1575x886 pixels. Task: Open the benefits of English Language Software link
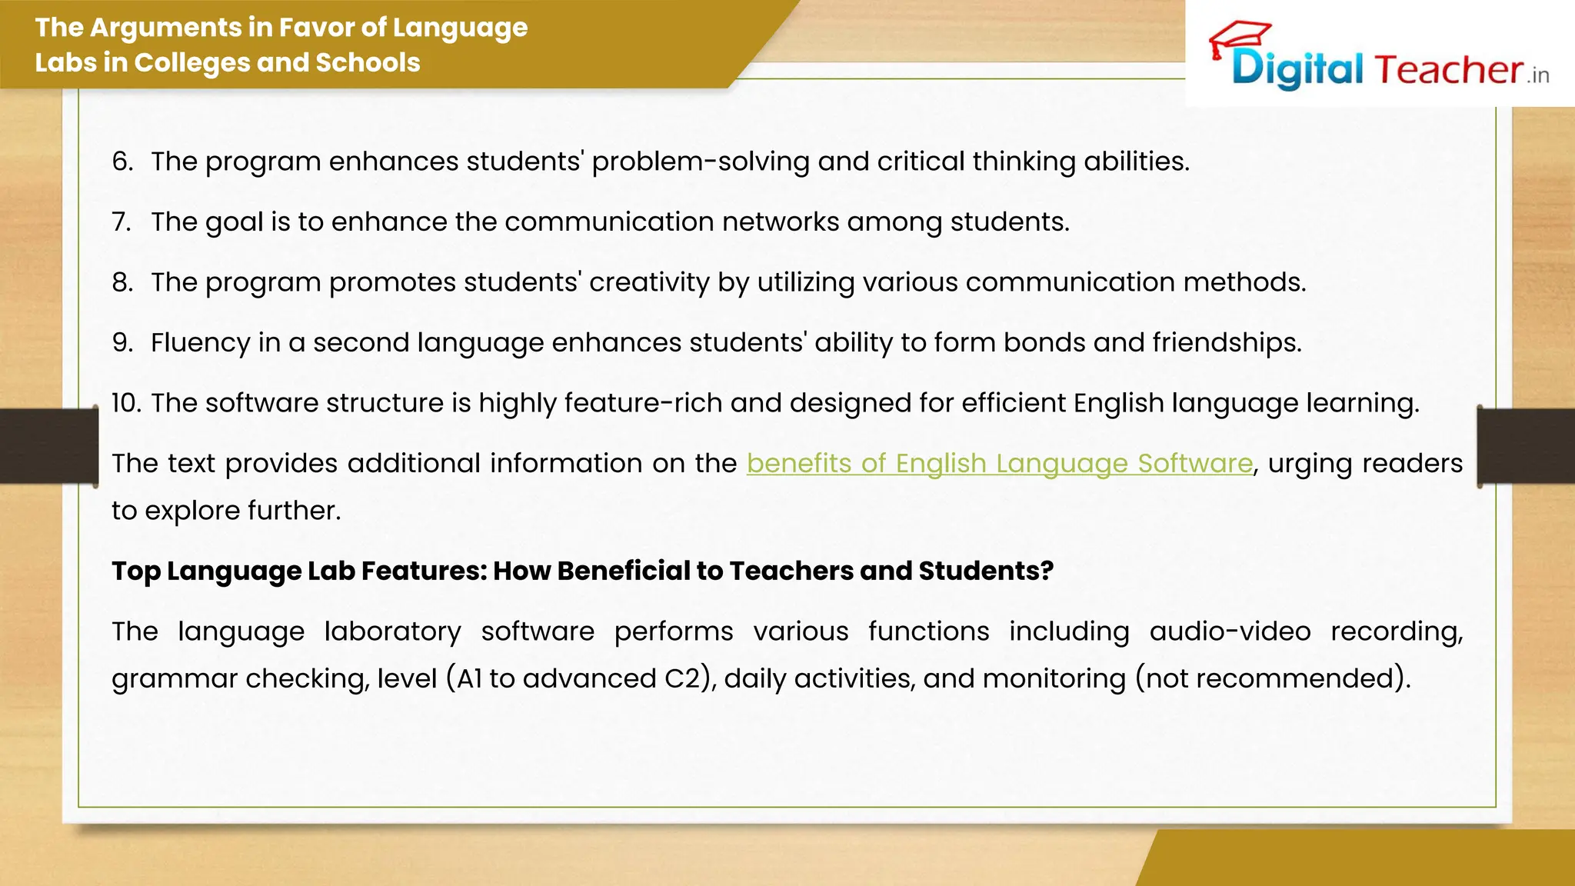click(x=999, y=464)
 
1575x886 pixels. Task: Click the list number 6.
click(x=122, y=162)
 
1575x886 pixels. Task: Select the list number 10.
click(x=126, y=403)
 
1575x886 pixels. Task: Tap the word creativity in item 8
click(x=649, y=282)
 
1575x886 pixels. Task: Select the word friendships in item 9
click(x=1226, y=343)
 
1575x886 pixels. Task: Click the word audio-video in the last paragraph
click(x=1230, y=631)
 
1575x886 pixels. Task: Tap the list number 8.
click(x=122, y=282)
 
